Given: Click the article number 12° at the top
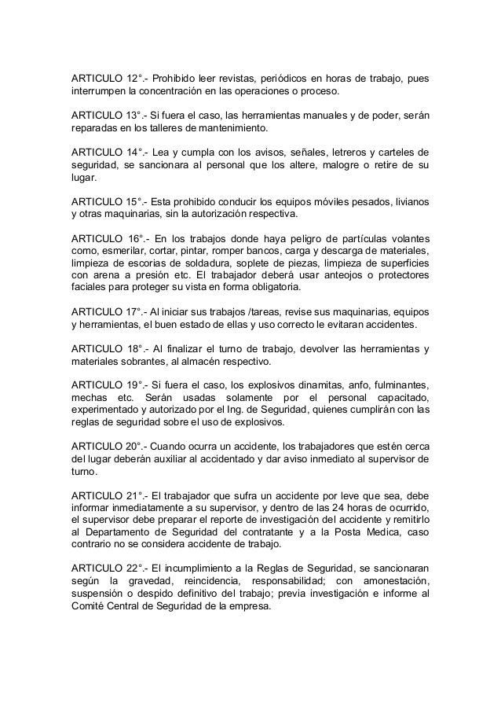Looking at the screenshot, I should click(136, 79).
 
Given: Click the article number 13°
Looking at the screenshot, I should click(135, 115).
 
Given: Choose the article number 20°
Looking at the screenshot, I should click(136, 443).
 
